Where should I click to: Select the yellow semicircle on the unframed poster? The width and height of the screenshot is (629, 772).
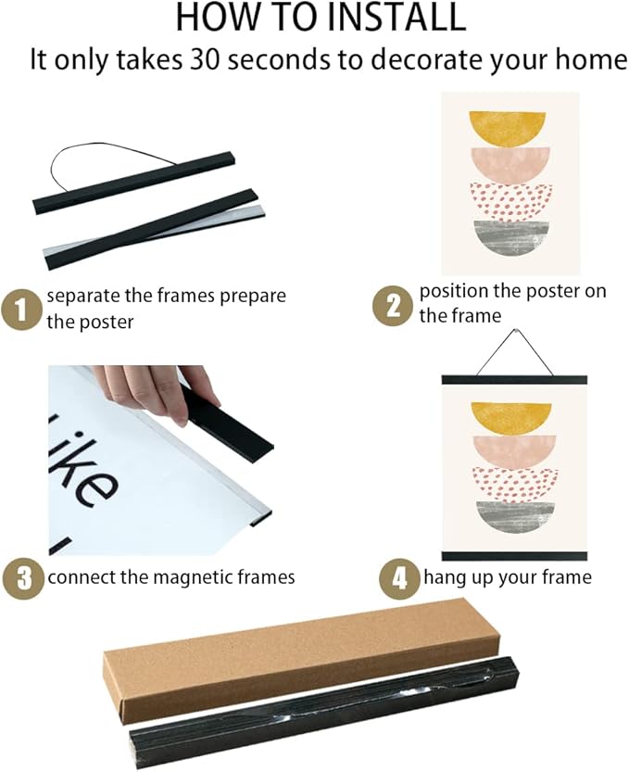point(509,128)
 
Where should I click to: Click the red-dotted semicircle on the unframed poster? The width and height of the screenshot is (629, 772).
point(510,198)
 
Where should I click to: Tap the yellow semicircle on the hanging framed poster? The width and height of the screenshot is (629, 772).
point(510,413)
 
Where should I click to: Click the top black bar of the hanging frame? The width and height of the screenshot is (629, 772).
point(513,379)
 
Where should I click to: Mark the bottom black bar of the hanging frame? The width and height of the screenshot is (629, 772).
point(513,555)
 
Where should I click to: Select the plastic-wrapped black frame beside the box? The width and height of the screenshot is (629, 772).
point(324,715)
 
